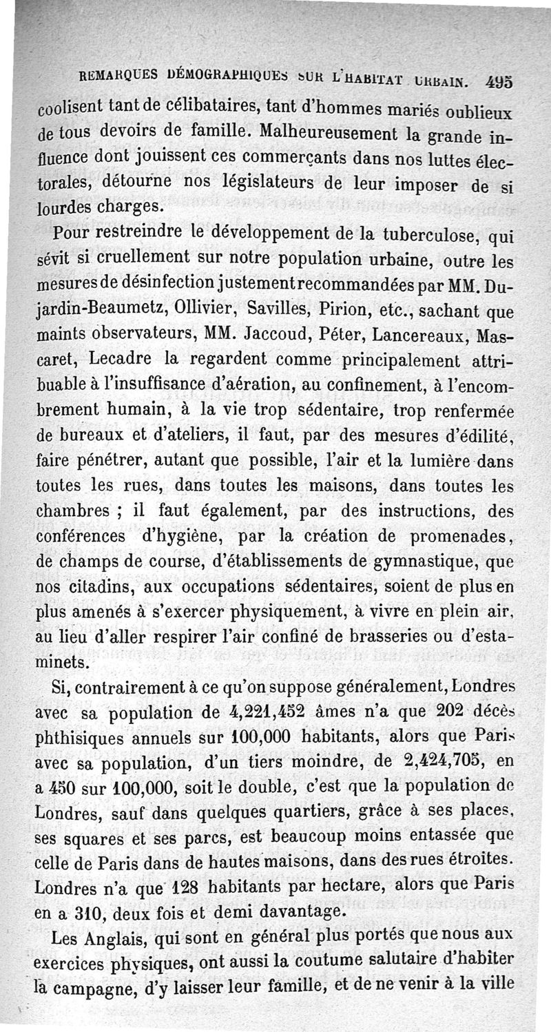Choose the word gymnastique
424,562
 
